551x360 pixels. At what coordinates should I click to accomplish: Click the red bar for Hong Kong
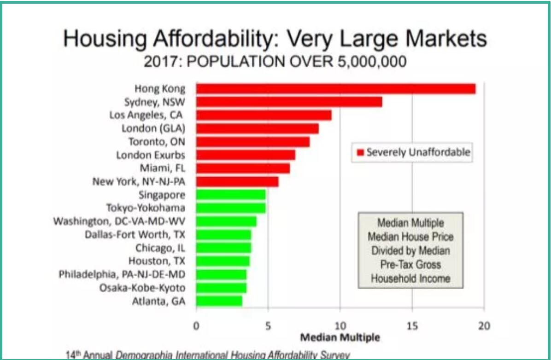coord(336,89)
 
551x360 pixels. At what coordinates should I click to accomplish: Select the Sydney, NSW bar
coord(289,102)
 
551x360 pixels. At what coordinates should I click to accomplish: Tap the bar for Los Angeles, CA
coord(264,115)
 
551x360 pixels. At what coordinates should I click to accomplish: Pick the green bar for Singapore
coord(231,195)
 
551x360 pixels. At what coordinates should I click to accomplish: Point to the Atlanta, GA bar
coord(219,301)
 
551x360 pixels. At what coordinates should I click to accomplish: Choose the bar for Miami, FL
coord(243,168)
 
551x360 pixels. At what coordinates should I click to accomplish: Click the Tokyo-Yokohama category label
coord(146,208)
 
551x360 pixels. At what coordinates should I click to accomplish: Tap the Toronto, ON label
coord(157,142)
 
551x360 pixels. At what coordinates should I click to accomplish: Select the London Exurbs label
coord(151,155)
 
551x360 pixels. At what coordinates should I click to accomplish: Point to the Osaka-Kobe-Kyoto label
coord(142,288)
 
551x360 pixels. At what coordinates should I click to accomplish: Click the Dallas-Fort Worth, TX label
coord(135,235)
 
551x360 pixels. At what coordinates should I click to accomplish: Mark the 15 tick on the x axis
coord(412,326)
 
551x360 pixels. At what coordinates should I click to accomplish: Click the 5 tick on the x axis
coord(268,326)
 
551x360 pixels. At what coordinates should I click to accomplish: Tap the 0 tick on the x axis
coord(196,326)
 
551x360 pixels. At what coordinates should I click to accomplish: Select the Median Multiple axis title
coord(340,337)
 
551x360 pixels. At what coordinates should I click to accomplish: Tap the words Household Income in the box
coord(410,278)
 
